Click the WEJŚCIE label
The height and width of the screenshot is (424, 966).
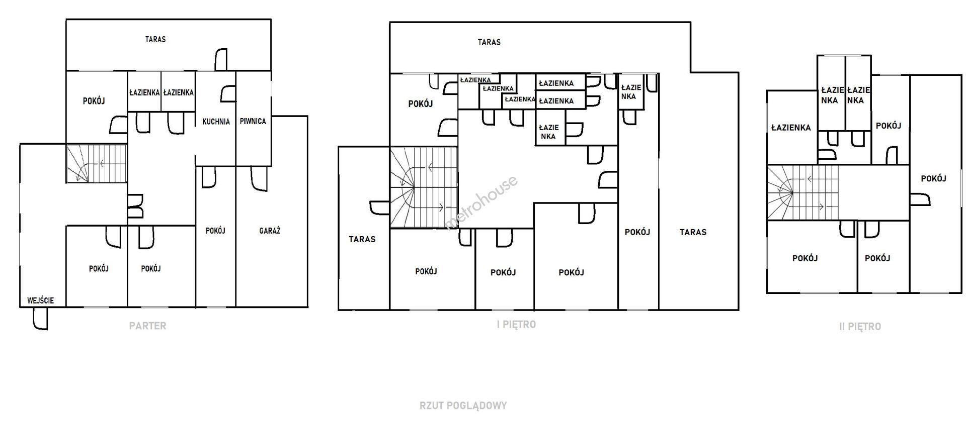point(40,300)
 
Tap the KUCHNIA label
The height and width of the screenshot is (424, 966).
point(216,122)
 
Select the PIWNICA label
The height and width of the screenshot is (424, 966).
point(253,121)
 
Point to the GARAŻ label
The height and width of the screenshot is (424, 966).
point(270,231)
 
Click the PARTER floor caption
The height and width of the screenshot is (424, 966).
point(147,326)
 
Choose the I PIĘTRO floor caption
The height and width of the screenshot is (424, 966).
point(516,325)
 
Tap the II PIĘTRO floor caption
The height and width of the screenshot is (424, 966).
point(860,327)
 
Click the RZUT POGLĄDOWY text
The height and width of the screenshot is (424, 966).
point(463,405)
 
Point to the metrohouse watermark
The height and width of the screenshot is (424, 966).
point(481,202)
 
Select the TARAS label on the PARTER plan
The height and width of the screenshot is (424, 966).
point(155,39)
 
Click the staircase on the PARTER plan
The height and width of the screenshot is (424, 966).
point(96,163)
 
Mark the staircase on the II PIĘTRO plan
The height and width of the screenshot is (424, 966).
point(803,193)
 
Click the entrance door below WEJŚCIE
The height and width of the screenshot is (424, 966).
point(40,319)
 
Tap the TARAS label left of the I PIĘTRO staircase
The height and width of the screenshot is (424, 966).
point(362,239)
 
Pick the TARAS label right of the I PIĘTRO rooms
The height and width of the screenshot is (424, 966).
point(693,232)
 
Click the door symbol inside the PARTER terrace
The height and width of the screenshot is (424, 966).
point(221,59)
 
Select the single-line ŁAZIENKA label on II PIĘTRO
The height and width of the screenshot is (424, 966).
point(791,128)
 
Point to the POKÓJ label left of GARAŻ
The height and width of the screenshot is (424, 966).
point(215,231)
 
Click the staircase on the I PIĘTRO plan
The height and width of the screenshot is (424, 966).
point(424,187)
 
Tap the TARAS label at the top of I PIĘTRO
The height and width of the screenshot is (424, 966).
point(489,42)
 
